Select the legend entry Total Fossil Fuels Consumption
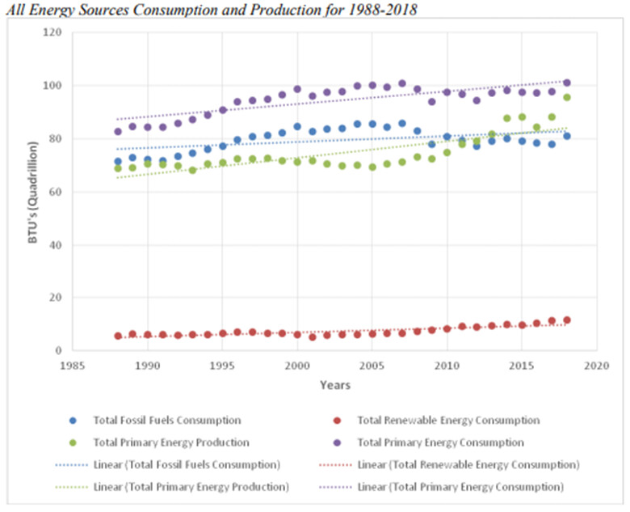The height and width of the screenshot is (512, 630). click(166, 421)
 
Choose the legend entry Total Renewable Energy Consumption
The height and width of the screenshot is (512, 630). click(447, 421)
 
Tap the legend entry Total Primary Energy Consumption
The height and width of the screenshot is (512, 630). click(440, 442)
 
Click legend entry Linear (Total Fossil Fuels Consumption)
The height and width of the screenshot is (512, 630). click(186, 464)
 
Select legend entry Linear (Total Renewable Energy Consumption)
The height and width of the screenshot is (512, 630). click(468, 464)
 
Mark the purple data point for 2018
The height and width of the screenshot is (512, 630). click(567, 83)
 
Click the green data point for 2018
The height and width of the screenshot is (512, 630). click(567, 97)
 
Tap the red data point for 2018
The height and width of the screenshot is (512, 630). click(567, 320)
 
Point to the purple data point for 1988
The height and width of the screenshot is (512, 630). click(118, 131)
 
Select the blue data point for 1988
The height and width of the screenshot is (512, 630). click(118, 161)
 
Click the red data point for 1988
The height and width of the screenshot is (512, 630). click(118, 336)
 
